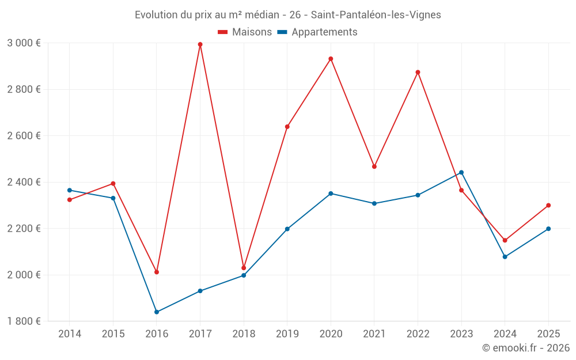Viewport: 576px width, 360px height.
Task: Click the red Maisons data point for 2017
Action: click(200, 44)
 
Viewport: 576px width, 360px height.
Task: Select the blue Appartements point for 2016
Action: click(157, 312)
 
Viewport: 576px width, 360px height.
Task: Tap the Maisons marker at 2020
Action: click(331, 59)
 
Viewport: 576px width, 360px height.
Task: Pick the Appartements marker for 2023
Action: click(461, 172)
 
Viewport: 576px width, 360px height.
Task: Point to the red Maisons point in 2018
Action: click(244, 268)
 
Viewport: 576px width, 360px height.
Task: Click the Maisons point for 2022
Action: click(418, 72)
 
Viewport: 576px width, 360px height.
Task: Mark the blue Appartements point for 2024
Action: click(505, 257)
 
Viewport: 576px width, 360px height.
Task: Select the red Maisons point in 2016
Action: click(157, 272)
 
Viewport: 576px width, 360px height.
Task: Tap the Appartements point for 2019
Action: click(287, 229)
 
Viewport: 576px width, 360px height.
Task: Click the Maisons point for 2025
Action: click(548, 205)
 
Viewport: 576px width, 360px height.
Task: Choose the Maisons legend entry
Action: click(245, 32)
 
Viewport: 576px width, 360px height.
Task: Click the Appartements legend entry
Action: click(317, 32)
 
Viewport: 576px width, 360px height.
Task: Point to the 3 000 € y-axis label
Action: click(24, 43)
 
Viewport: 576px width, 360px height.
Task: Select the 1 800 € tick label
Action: click(24, 321)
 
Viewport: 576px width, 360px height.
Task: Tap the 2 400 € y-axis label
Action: click(24, 182)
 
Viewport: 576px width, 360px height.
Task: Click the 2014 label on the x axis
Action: click(70, 334)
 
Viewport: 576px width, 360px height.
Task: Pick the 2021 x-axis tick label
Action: click(374, 334)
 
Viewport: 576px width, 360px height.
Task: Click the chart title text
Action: click(287, 15)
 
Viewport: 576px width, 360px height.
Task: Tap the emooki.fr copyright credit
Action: click(525, 348)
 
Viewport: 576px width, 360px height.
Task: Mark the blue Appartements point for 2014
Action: click(70, 190)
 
